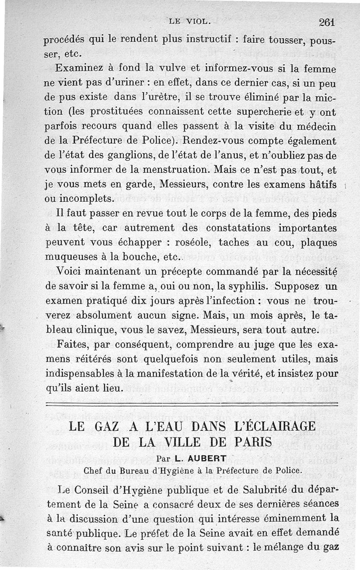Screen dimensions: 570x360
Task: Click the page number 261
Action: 328,22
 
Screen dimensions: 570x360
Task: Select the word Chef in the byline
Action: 93,470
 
